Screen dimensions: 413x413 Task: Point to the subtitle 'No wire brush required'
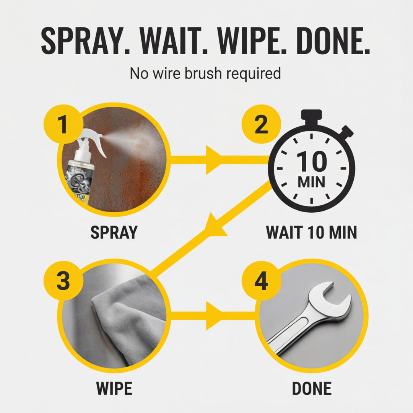[x=205, y=73]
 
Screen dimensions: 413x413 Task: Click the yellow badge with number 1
[x=63, y=125]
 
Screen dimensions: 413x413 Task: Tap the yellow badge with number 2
[x=261, y=125]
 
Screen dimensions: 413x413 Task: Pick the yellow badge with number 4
[x=261, y=282]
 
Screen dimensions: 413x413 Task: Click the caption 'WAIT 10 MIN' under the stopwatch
[x=311, y=233]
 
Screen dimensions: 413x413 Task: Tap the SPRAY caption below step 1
[x=114, y=233]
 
